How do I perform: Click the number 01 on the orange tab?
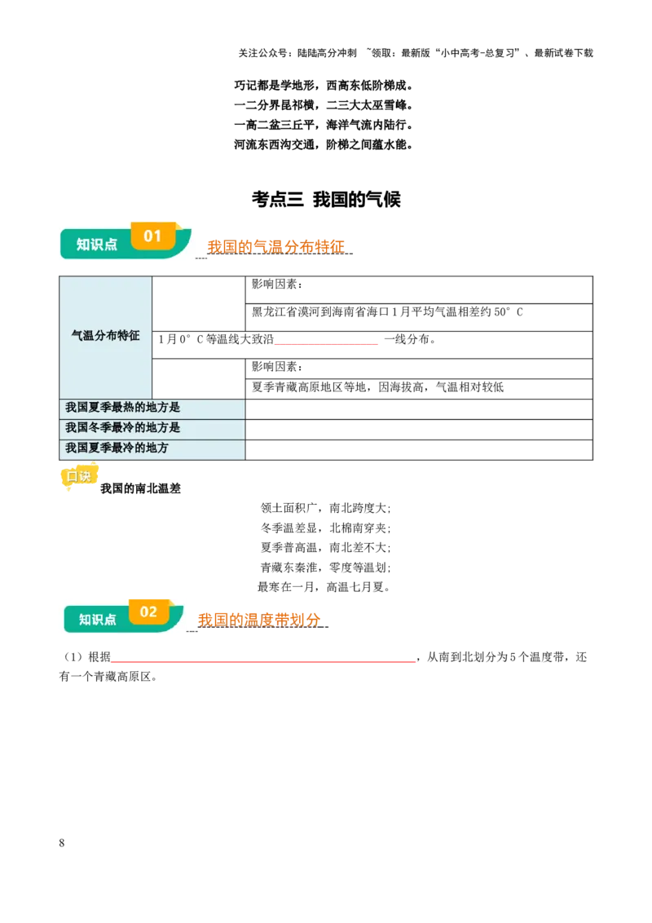pos(152,236)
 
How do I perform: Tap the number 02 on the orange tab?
pos(148,612)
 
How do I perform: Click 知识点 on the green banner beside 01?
pos(97,244)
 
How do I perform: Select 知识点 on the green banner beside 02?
pos(98,620)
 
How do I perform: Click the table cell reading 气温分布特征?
pos(106,336)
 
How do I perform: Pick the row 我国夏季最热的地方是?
pos(152,408)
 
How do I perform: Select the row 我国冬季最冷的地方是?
pos(152,428)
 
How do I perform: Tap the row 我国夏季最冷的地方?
pos(152,448)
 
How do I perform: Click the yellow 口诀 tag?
pos(79,476)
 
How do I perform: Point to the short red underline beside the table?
pos(328,343)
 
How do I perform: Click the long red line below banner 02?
pos(263,662)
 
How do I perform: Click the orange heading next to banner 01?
pos(275,245)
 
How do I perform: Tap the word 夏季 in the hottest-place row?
pos(100,408)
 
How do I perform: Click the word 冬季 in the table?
pos(100,428)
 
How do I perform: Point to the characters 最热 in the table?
pos(123,408)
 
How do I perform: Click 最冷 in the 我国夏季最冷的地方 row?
pos(123,448)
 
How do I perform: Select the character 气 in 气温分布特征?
pos(77,336)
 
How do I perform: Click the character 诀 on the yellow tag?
pos(85,476)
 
